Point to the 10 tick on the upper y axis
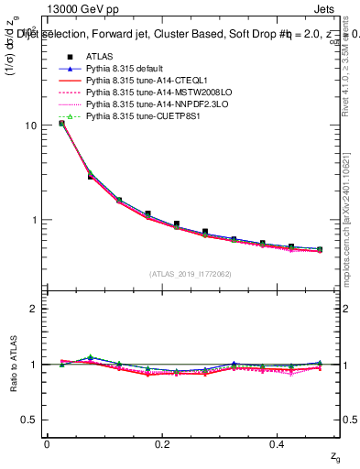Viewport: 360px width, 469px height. [x=32, y=125]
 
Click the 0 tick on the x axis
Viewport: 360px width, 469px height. [x=47, y=444]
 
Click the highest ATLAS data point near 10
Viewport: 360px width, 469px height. [x=61, y=123]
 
